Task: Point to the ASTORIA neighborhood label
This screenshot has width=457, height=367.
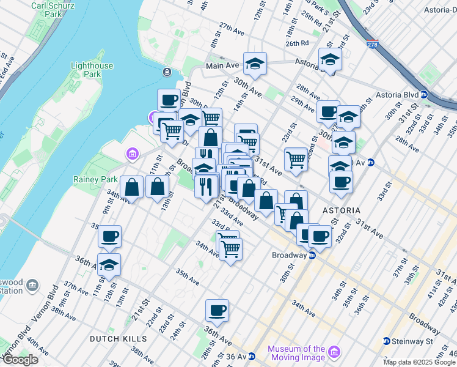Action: tap(342, 210)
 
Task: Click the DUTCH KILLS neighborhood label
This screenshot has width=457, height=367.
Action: tap(118, 338)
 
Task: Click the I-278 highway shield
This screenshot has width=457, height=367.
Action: tap(373, 45)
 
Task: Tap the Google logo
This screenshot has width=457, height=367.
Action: tap(20, 360)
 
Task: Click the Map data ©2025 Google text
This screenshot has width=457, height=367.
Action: tap(419, 362)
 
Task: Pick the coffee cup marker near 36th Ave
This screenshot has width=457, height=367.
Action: tap(217, 311)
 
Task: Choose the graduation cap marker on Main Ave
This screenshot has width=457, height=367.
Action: tap(254, 63)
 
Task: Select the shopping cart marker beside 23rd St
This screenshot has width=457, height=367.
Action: tap(296, 158)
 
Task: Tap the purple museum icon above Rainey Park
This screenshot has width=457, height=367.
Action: tap(130, 154)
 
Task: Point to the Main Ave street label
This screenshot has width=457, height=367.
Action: tap(222, 65)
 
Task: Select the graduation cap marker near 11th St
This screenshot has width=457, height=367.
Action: tap(109, 265)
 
